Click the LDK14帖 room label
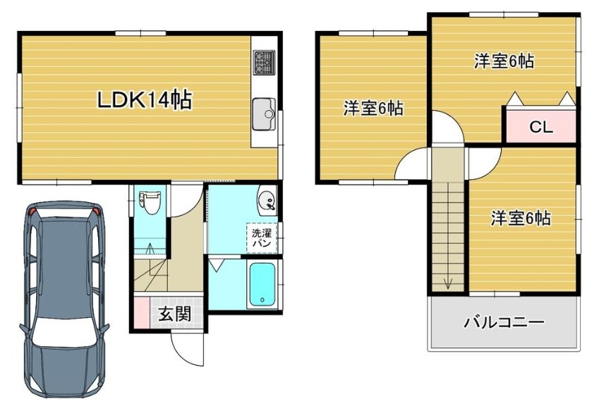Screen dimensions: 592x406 145,100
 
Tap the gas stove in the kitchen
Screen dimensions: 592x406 264,62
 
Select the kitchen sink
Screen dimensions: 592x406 264,114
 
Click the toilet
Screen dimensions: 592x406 147,202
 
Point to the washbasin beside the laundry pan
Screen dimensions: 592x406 267,199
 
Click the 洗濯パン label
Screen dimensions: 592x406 262,238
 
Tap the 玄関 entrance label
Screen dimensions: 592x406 174,314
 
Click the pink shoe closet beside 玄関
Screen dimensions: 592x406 142,313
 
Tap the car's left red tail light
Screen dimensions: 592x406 33,211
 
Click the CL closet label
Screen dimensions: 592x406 540,127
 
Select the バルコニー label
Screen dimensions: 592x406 505,323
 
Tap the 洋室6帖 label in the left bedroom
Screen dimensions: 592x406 373,109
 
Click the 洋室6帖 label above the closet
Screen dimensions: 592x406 505,61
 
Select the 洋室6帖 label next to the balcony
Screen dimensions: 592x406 521,218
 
